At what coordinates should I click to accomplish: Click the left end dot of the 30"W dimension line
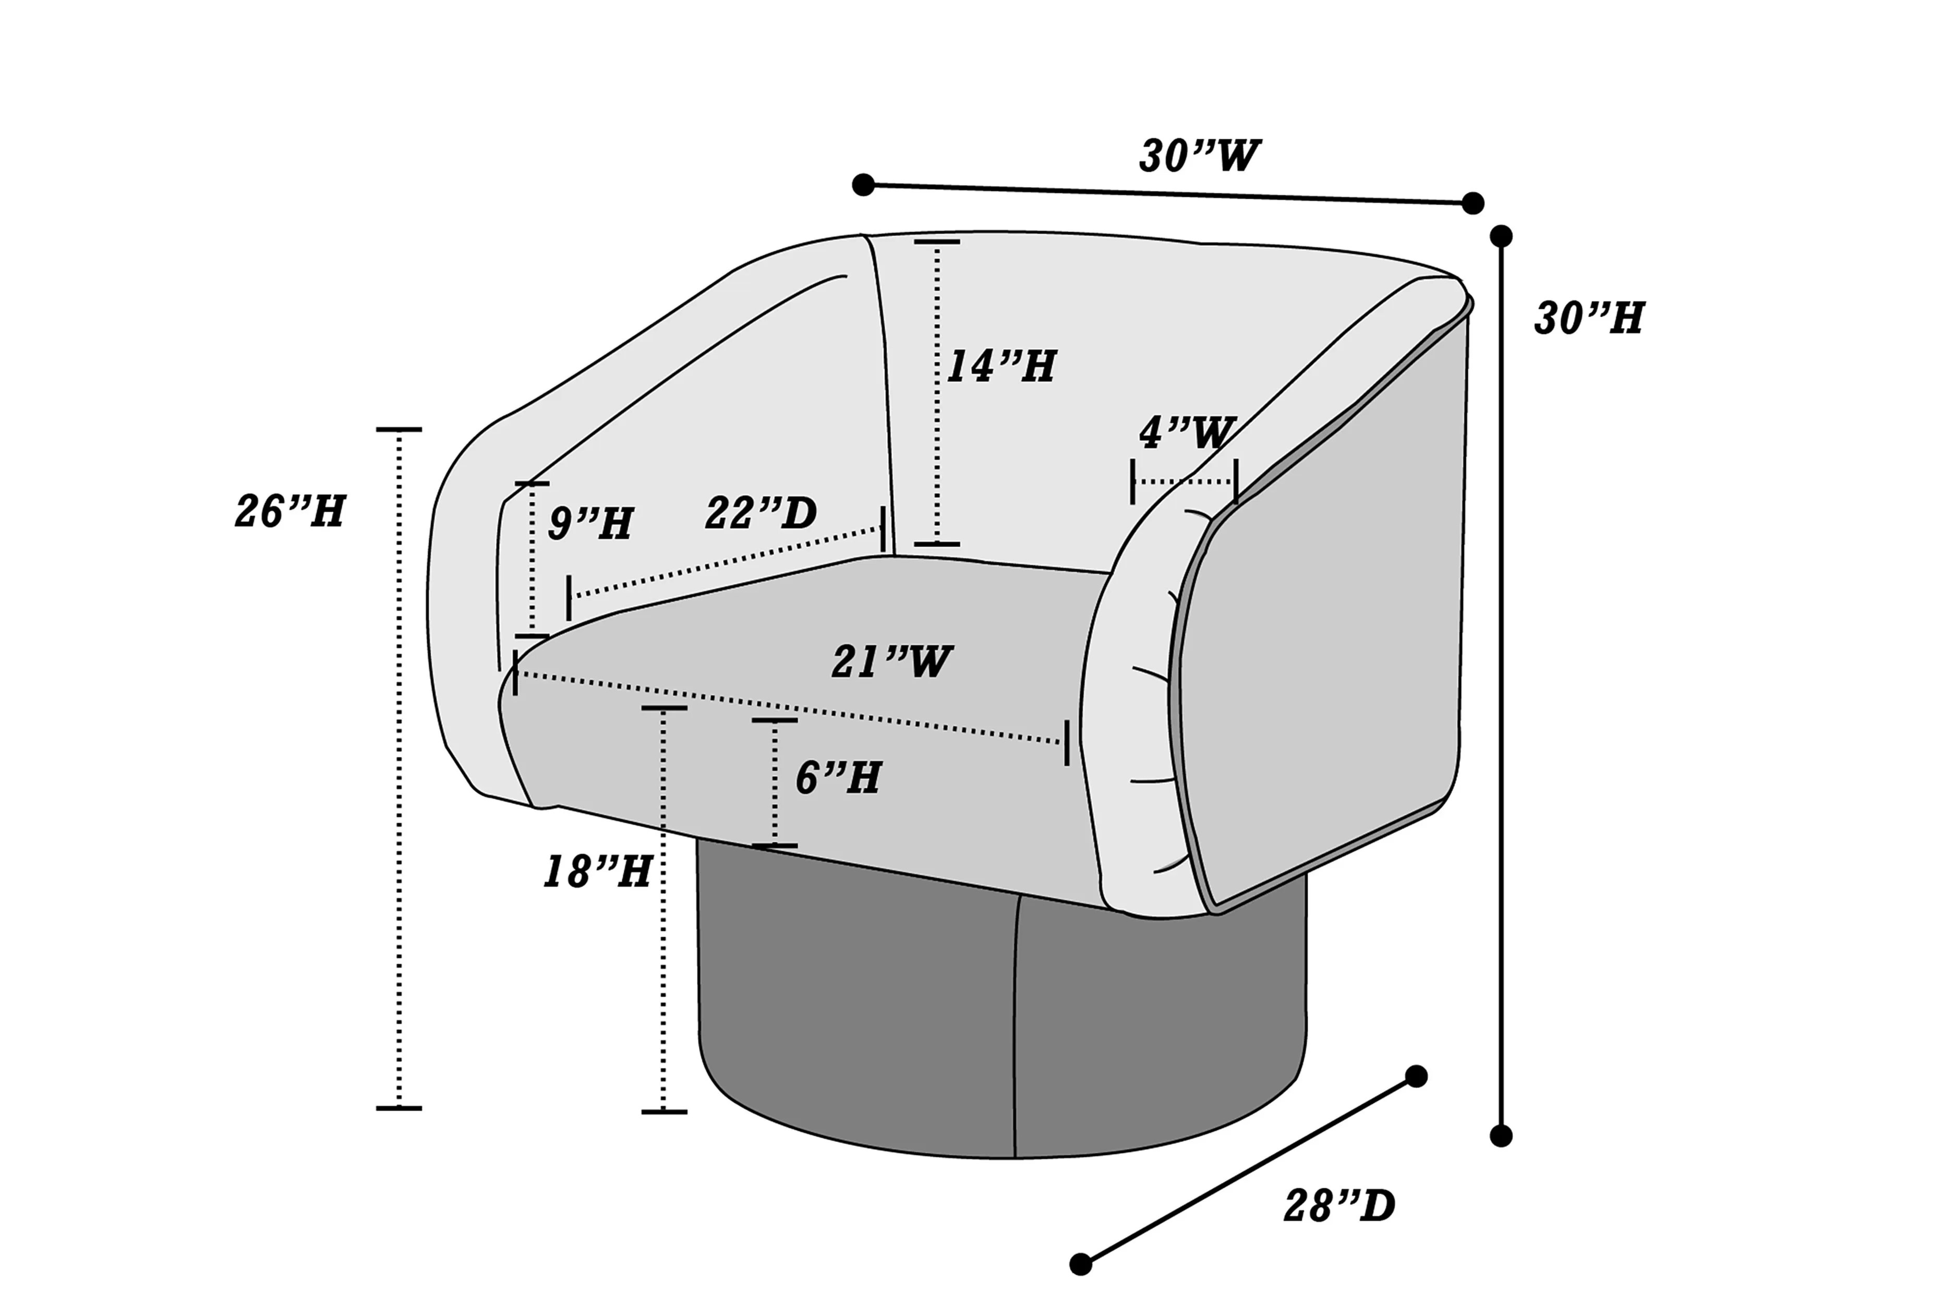pos(863,185)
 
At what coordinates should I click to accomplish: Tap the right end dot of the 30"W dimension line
pos(1472,203)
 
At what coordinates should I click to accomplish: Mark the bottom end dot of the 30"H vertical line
pos(1501,1136)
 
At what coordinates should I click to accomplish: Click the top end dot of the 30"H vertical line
pos(1501,236)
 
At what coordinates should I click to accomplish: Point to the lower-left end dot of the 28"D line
pos(1080,1264)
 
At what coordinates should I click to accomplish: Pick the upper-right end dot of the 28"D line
pos(1416,1076)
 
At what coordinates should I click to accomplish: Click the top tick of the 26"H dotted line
pos(399,429)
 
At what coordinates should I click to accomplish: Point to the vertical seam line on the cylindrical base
pos(1016,1027)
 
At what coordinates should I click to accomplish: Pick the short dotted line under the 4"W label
pos(1184,481)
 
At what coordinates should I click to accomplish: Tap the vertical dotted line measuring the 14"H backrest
pos(937,393)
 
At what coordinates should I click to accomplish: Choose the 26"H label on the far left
pos(289,512)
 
